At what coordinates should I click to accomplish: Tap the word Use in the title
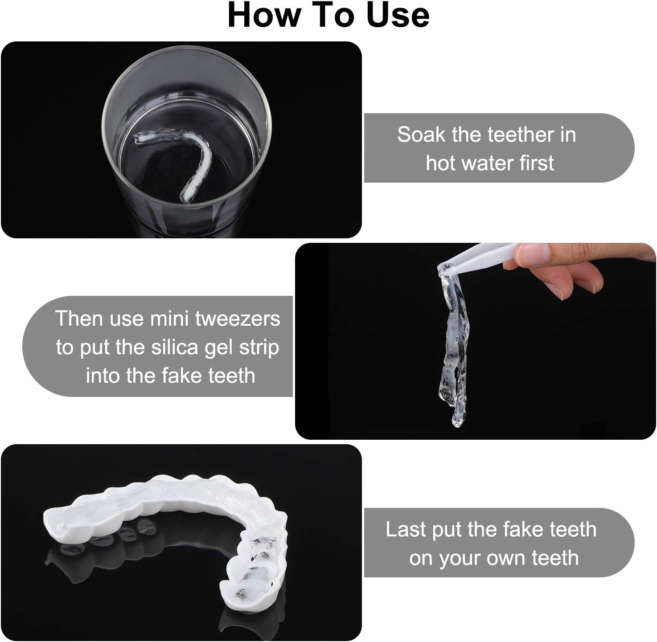coord(398,16)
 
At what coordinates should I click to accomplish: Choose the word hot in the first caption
coord(441,163)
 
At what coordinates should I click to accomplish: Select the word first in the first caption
coord(537,163)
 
